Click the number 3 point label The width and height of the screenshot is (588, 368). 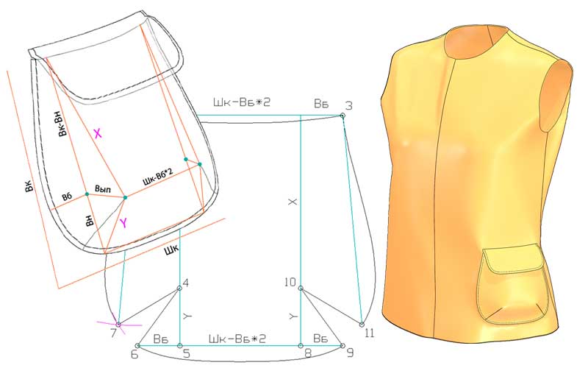pyautogui.click(x=348, y=105)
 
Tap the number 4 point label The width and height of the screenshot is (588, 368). pyautogui.click(x=185, y=283)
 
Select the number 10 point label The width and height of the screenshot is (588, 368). pyautogui.click(x=290, y=282)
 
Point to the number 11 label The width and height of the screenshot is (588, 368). pyautogui.click(x=370, y=333)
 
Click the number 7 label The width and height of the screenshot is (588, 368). pyautogui.click(x=114, y=333)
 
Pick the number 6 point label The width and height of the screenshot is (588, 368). pyautogui.click(x=135, y=354)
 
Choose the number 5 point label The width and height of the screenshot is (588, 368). pyautogui.click(x=187, y=354)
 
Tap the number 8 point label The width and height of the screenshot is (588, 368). pyautogui.click(x=308, y=354)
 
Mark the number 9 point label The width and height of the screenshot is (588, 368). pyautogui.click(x=350, y=353)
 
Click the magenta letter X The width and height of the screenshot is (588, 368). pyautogui.click(x=98, y=133)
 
